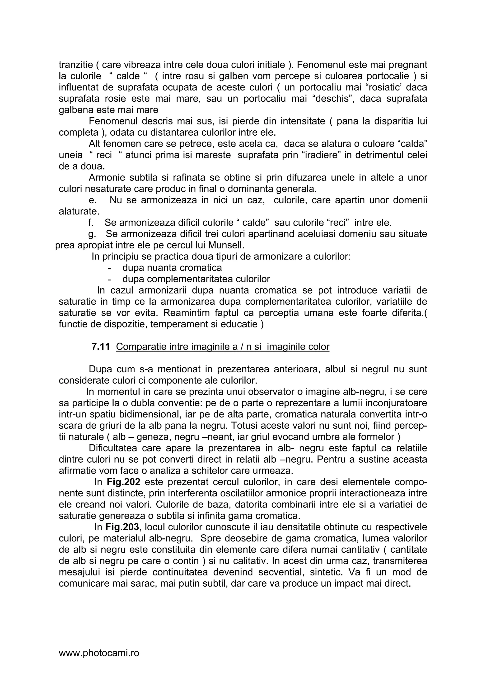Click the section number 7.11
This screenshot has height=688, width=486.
point(101,347)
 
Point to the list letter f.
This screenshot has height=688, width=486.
point(91,223)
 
